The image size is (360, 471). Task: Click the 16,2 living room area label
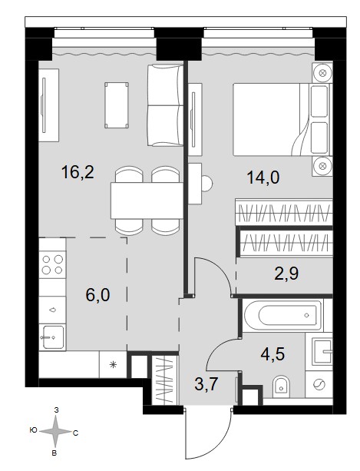78,172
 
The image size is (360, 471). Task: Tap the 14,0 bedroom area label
263,177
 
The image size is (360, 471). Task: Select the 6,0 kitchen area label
97,295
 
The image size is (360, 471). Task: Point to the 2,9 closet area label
286,274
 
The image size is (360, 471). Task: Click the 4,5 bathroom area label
272,353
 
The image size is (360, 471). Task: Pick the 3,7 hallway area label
206,384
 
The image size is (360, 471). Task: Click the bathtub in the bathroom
284,315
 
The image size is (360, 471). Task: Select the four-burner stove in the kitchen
52,264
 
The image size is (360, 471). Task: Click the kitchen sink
54,337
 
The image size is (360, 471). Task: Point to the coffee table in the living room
117,105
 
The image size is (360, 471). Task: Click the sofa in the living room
165,105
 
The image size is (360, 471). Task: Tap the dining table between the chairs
147,201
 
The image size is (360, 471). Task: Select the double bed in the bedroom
282,120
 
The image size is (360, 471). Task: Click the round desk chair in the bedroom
206,183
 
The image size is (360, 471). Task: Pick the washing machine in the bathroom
319,384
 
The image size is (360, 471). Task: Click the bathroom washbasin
322,351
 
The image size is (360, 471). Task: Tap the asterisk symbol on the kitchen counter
113,365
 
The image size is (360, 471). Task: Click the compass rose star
55,432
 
